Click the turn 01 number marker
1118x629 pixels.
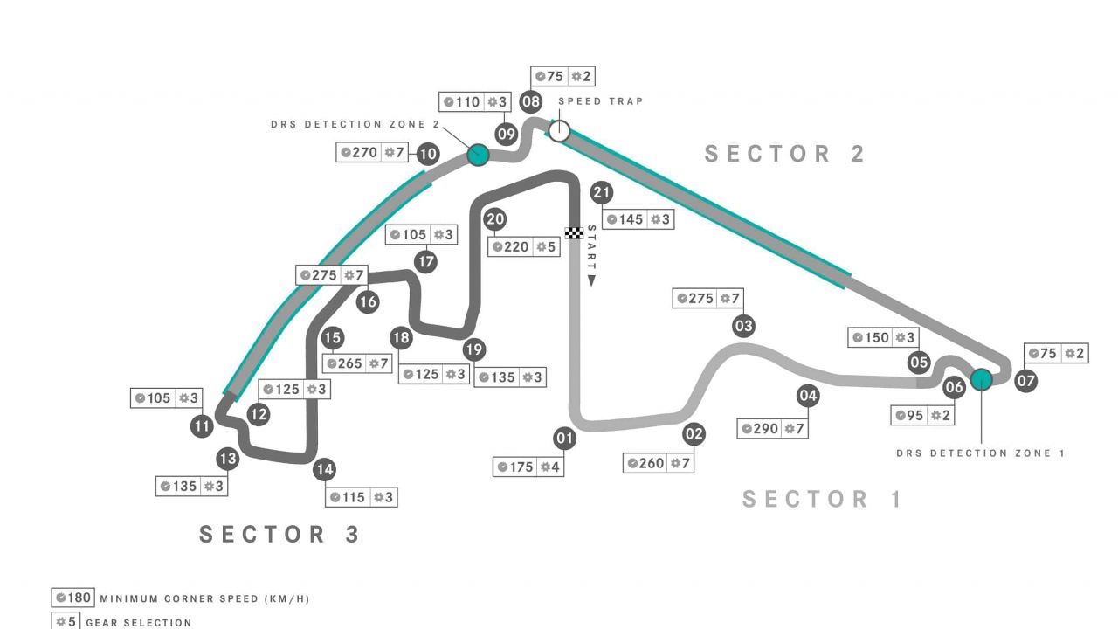point(565,439)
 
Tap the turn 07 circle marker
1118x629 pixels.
point(1026,381)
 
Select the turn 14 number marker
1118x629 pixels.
point(324,470)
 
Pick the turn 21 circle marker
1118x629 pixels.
point(601,192)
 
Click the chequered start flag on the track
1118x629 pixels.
point(574,233)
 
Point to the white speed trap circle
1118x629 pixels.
point(559,131)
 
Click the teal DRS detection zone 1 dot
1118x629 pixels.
point(981,378)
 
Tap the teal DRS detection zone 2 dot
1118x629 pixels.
point(477,155)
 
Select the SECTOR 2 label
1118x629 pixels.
point(784,154)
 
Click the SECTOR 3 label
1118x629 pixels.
point(279,534)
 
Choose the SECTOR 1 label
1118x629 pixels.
point(822,499)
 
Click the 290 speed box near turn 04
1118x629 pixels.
point(772,429)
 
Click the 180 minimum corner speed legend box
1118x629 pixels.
point(72,598)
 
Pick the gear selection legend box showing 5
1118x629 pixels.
point(65,622)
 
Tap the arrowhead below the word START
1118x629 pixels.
point(591,281)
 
